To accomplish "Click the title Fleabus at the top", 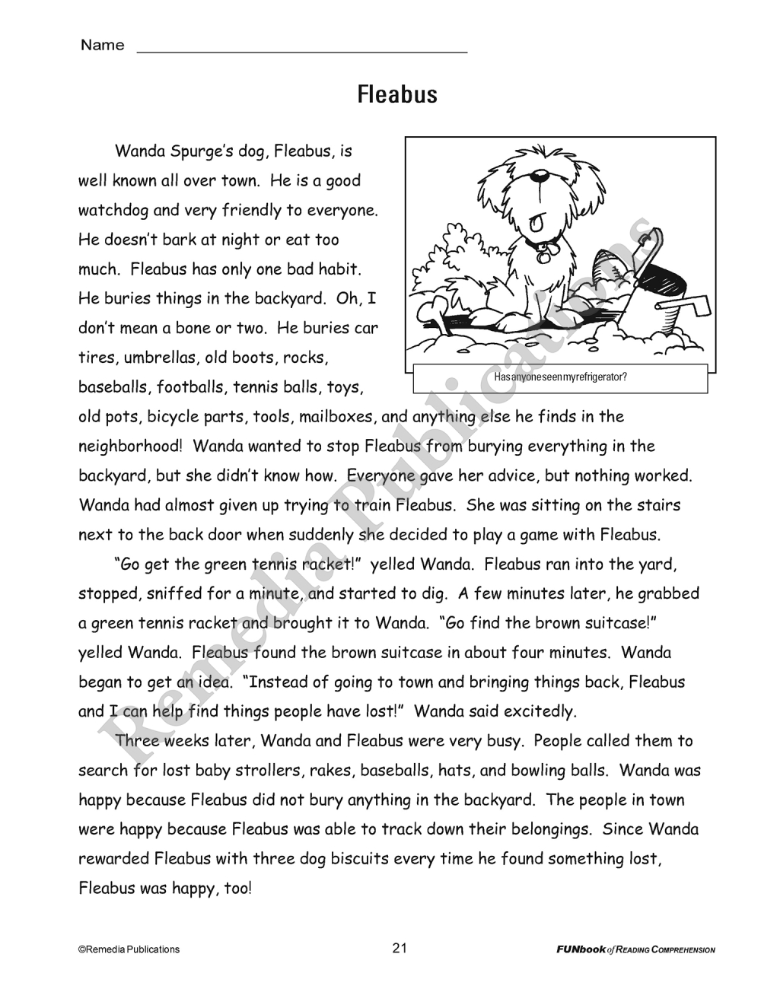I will pyautogui.click(x=397, y=95).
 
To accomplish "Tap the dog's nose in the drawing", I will pyautogui.click(x=540, y=178).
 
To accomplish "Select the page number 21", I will pyautogui.click(x=400, y=948).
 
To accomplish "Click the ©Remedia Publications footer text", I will pyautogui.click(x=129, y=949).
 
